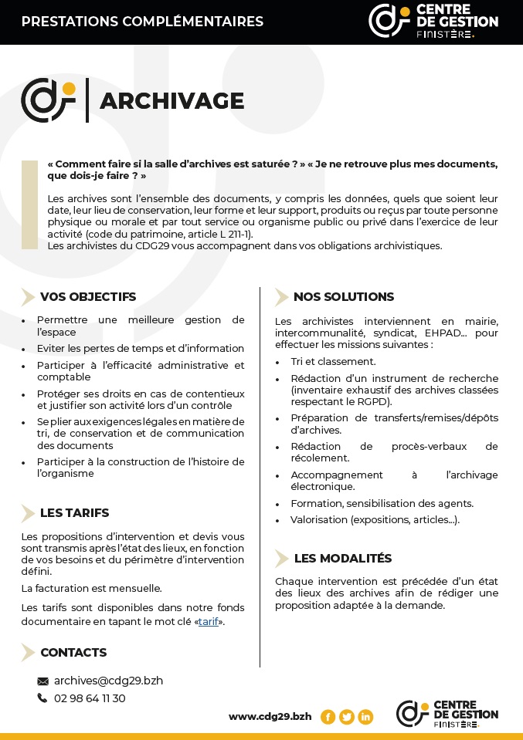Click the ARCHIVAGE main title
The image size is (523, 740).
[x=172, y=101]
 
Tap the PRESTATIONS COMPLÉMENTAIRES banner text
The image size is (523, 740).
[x=142, y=22]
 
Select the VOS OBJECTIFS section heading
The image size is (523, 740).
[x=87, y=296]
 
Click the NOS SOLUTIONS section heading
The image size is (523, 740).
[x=343, y=296]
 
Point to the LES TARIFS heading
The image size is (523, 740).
[x=74, y=512]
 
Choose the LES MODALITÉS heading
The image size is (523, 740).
[x=342, y=558]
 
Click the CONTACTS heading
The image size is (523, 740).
[x=73, y=652]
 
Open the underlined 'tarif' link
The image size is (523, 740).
[x=208, y=621]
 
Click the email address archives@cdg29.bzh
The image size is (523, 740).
[x=108, y=681]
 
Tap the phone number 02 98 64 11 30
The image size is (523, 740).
[x=90, y=698]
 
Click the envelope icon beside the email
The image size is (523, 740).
[x=42, y=681]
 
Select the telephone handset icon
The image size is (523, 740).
[x=42, y=698]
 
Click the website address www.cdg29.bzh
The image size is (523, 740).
[x=270, y=716]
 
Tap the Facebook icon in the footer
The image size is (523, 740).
[x=328, y=717]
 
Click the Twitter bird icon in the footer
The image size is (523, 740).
[x=347, y=717]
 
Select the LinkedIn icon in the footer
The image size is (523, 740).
[x=365, y=717]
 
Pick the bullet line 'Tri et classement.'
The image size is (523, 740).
[x=333, y=361]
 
